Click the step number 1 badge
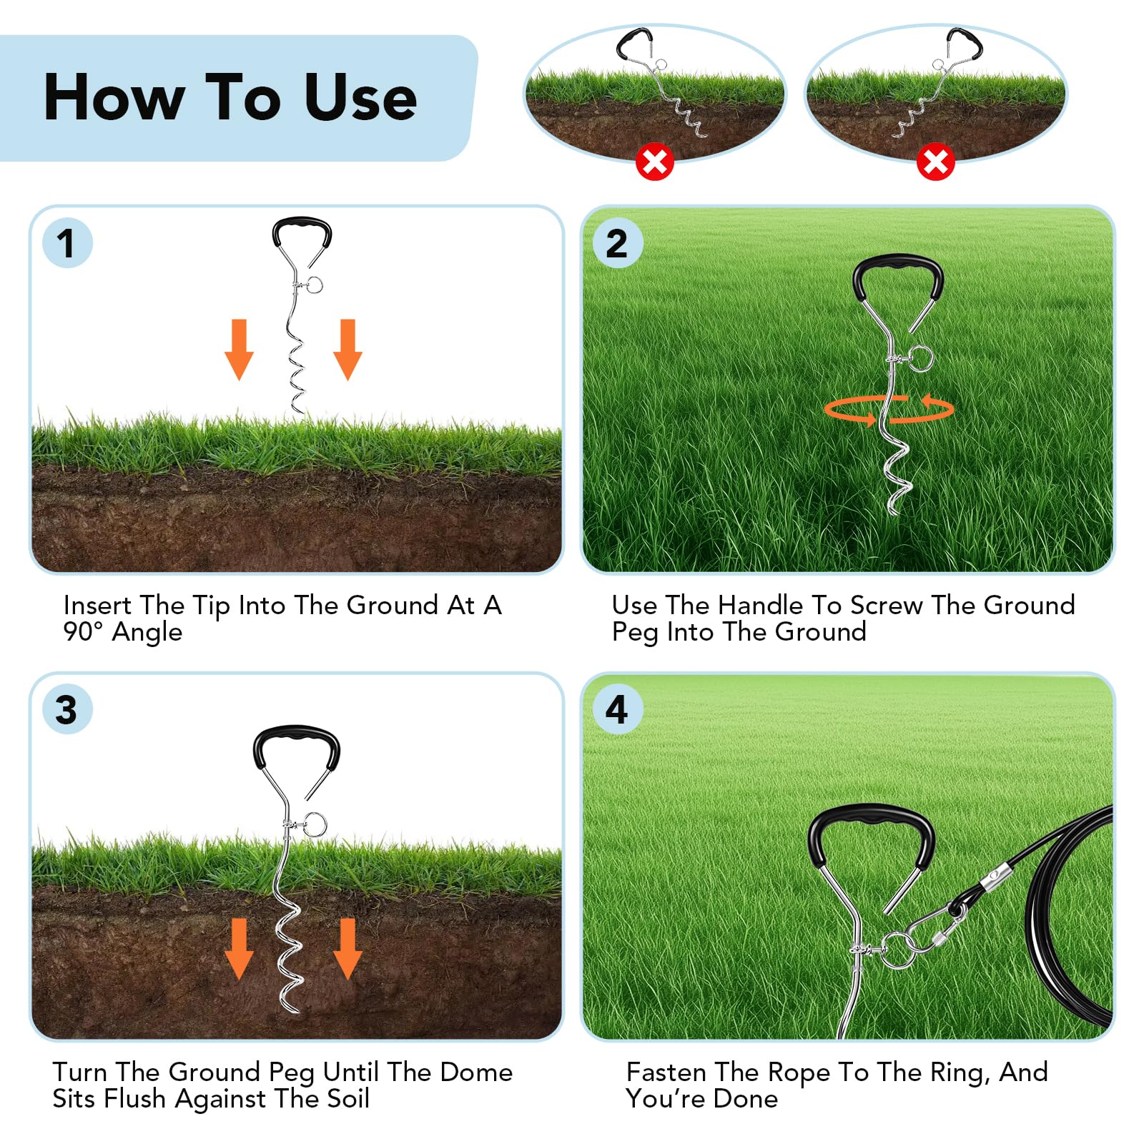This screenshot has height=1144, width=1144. click(67, 243)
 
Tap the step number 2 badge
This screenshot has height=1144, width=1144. click(618, 243)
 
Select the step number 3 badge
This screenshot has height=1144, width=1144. click(67, 709)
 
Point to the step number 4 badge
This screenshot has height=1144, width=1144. click(618, 709)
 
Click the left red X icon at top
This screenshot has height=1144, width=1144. click(654, 162)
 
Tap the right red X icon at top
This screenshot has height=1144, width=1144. click(935, 162)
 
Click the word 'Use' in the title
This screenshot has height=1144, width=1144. click(360, 97)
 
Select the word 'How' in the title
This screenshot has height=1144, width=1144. click(114, 97)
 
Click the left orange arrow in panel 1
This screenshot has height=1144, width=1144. click(239, 350)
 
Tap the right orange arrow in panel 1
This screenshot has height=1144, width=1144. click(347, 350)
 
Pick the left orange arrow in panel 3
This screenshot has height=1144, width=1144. click(239, 949)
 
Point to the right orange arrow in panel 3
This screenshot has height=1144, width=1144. click(347, 949)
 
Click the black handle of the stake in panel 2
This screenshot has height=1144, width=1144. click(898, 262)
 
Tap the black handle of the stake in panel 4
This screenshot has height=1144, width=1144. click(871, 814)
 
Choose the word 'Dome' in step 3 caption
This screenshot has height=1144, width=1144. click(476, 1072)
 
